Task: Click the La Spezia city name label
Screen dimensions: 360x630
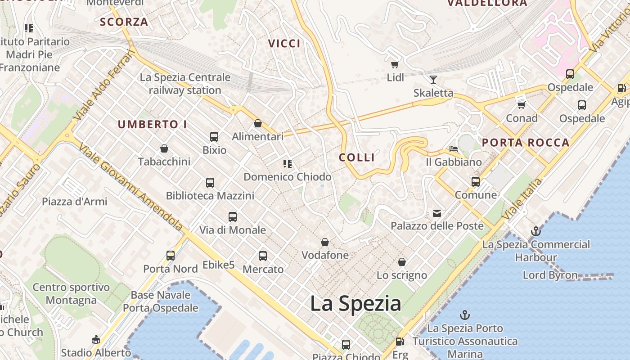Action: pos(355,303)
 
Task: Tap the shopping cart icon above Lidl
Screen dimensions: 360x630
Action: pos(395,64)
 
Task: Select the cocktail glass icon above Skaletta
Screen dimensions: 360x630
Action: pos(433,80)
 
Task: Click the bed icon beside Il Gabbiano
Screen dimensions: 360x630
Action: pos(454,148)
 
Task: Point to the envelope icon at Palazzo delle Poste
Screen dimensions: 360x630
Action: pos(437,213)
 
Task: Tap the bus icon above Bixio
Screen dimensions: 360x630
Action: pos(214,136)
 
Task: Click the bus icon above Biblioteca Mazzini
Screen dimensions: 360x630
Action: pos(210,182)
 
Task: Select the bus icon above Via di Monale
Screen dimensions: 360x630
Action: pos(233,216)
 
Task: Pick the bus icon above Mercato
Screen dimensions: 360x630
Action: pos(263,256)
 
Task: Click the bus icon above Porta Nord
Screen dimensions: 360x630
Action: pos(171,256)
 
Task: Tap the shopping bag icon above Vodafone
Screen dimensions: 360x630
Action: pos(325,242)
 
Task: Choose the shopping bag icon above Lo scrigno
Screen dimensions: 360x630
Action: pos(402,261)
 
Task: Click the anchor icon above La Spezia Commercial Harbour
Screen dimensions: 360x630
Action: pos(535,231)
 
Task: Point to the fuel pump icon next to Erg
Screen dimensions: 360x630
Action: pos(400,342)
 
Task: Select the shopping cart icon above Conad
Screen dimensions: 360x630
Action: pos(522,105)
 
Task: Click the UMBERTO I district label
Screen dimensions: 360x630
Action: pos(152,124)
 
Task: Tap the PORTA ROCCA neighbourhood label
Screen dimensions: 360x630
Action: pos(526,143)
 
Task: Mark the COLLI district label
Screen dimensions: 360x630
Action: pos(357,157)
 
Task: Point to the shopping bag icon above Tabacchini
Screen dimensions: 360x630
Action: pos(164,148)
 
